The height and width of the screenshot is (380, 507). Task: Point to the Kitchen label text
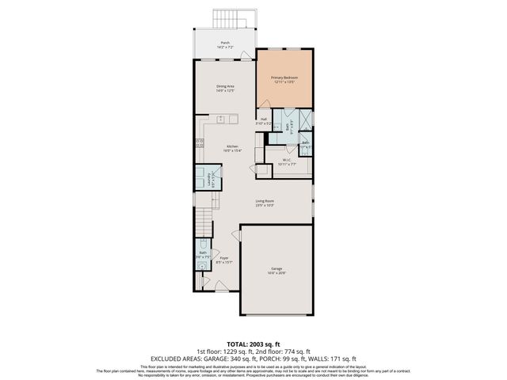[x=233, y=147]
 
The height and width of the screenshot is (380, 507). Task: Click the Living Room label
[x=264, y=203]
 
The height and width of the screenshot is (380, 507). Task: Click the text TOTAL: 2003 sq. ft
[x=253, y=344]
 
